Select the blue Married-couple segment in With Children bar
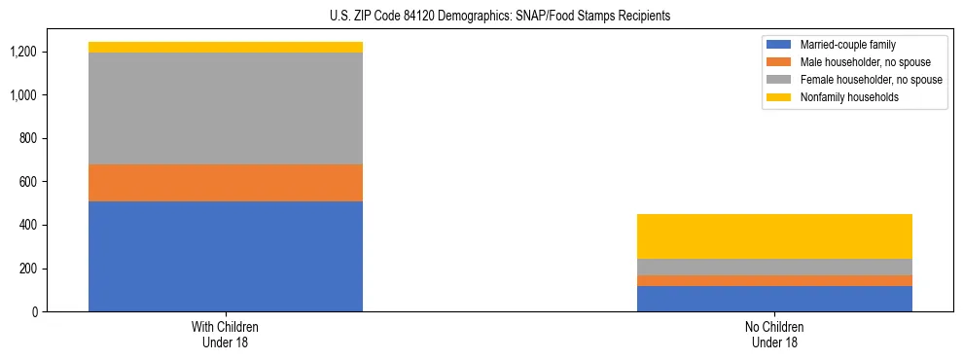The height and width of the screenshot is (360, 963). click(226, 256)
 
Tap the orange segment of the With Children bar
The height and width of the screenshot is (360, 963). click(226, 183)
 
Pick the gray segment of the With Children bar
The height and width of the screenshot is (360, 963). click(226, 108)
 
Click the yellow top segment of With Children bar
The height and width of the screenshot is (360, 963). click(226, 47)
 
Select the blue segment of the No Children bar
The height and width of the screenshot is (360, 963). click(774, 299)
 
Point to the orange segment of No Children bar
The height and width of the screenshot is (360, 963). click(774, 280)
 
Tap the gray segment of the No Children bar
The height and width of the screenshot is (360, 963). click(774, 267)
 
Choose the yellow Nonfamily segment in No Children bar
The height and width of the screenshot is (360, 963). click(774, 236)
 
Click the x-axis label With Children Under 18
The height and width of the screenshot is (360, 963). click(226, 334)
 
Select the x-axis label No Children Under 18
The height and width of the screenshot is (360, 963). click(774, 334)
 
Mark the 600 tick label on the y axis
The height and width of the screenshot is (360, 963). click(26, 182)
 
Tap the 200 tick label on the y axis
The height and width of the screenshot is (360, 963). click(26, 269)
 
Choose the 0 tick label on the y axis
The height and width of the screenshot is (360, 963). click(33, 311)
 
